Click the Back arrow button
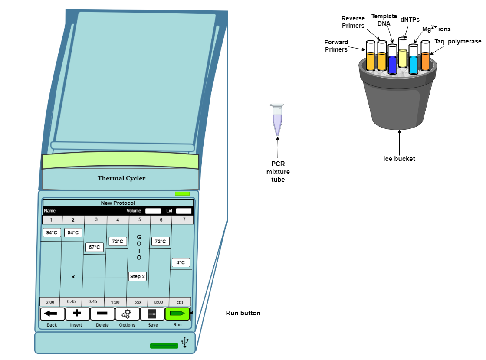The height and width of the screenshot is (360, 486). (53, 314)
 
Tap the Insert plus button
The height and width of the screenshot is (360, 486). (78, 314)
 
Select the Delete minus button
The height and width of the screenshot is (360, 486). (102, 314)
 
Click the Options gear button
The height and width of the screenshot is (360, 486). (127, 314)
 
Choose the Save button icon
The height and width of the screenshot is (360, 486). (152, 314)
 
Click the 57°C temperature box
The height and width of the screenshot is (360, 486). (94, 248)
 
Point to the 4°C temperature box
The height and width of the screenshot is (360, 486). (181, 262)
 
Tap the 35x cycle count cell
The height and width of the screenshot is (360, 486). (138, 302)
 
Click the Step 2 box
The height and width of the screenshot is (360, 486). (138, 276)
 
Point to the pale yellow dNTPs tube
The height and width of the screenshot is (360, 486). (403, 54)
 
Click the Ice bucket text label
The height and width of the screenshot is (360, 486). (399, 159)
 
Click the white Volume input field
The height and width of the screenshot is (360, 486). (153, 211)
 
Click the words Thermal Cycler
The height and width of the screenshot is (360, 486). (121, 178)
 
